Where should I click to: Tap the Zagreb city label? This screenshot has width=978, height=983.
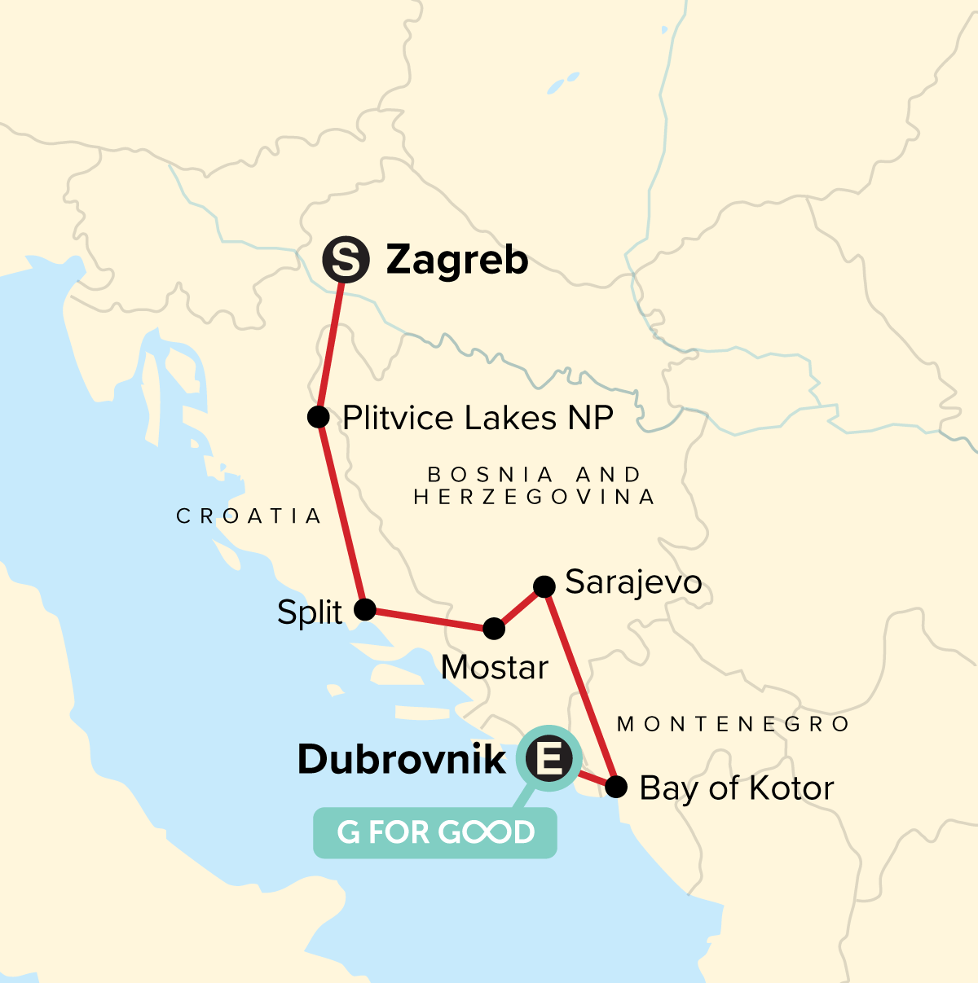click(x=456, y=261)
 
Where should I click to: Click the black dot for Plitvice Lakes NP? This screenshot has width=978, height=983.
click(x=319, y=417)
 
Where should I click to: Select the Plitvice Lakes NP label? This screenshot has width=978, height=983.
click(x=478, y=418)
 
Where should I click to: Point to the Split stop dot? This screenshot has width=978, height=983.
click(x=364, y=609)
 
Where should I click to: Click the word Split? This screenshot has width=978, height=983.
click(x=310, y=612)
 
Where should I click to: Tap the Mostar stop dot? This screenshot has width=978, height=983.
click(x=494, y=628)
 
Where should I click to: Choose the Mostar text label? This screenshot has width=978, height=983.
click(x=495, y=668)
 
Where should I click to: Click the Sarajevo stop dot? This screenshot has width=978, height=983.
click(x=544, y=586)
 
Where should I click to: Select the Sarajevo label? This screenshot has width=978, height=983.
click(x=633, y=582)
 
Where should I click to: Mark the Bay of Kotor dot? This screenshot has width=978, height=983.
click(x=617, y=787)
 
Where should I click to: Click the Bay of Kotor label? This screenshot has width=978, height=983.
click(x=737, y=788)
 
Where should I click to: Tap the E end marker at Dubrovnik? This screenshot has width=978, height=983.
click(x=548, y=760)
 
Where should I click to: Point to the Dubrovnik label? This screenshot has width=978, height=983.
click(x=402, y=760)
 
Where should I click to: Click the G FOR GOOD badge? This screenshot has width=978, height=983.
click(x=435, y=832)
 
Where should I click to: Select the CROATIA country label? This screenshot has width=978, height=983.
click(x=249, y=516)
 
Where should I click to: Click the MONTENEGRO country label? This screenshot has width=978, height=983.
click(x=733, y=724)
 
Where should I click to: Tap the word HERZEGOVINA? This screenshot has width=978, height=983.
click(x=535, y=497)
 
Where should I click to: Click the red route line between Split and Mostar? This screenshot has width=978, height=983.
click(x=429, y=619)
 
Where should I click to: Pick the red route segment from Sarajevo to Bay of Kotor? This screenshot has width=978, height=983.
click(x=580, y=686)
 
